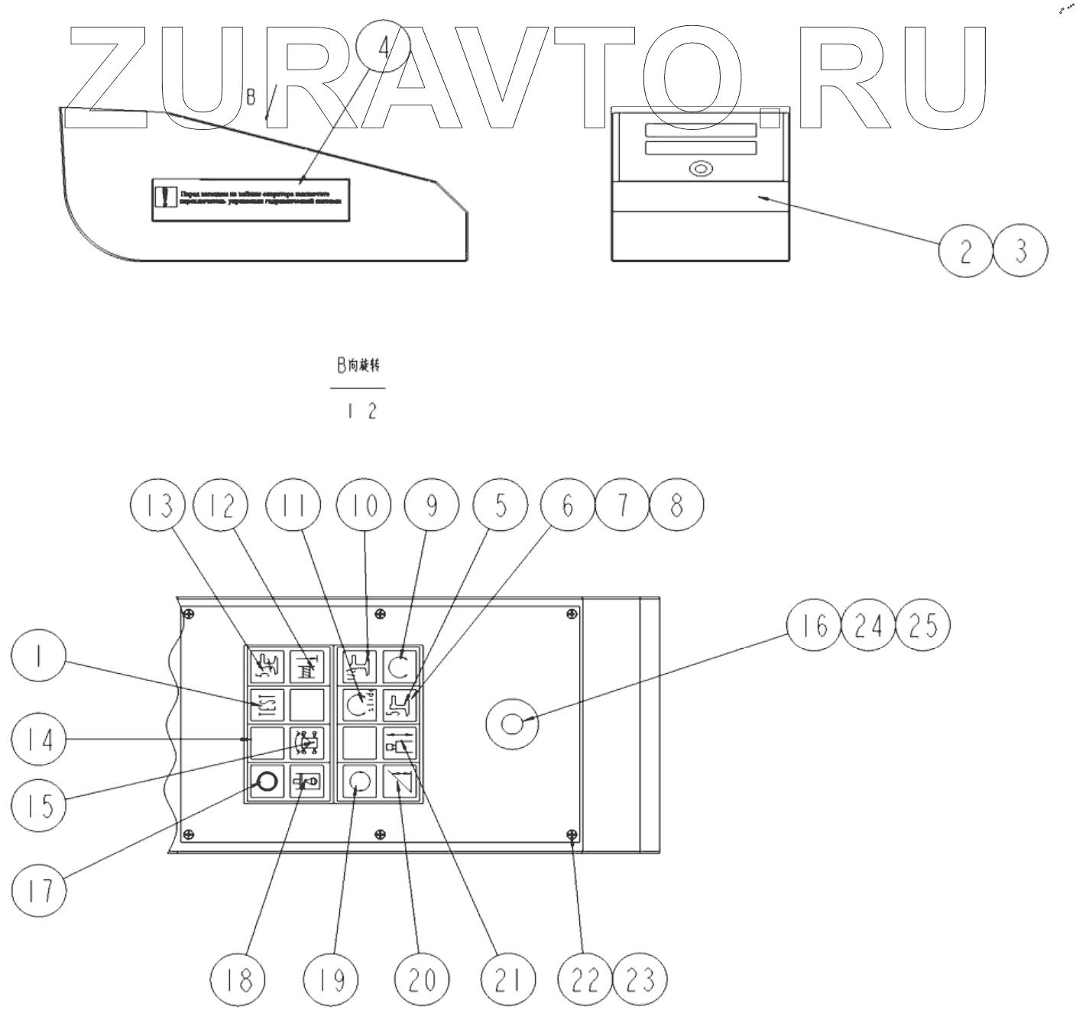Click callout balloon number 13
158,506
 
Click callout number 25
923,626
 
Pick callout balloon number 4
384,47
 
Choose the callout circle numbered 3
1020,251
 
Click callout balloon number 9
432,506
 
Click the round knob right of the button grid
513,722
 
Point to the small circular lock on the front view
699,169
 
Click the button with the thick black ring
267,782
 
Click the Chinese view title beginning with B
358,366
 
